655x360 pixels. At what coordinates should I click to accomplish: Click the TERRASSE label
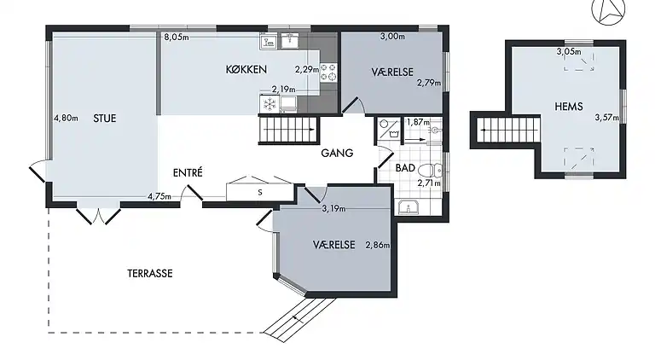(150, 274)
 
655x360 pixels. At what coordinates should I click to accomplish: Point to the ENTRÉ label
(188, 172)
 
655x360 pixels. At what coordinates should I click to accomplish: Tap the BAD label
(405, 168)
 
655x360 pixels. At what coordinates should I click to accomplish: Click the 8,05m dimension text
(176, 37)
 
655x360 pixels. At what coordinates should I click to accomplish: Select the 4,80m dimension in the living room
(66, 118)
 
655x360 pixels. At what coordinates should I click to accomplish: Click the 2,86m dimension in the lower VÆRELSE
(377, 246)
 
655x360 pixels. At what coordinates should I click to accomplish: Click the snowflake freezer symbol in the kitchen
(268, 104)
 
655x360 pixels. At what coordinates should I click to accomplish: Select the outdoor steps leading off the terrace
(293, 318)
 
